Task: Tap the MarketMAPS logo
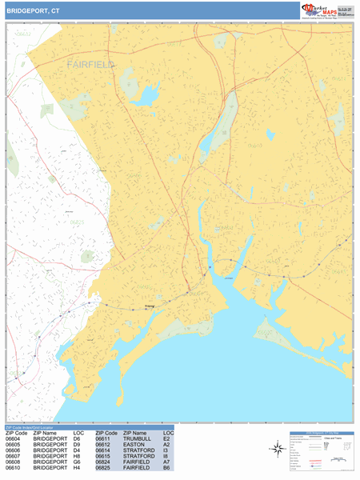coord(327,10)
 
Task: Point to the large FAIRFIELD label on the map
coord(90,63)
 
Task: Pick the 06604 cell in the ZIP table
coord(14,438)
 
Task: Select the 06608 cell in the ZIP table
coord(14,462)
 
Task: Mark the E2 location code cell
coord(166,438)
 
